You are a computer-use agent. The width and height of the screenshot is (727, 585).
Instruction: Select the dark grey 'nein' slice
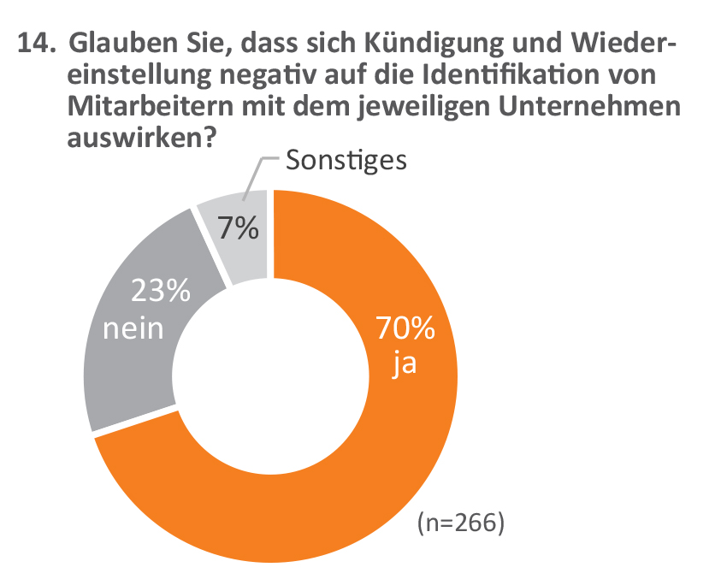pos(128,376)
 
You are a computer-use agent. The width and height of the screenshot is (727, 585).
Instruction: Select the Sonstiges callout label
pos(346,159)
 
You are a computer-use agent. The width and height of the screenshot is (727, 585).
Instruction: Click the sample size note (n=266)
pos(460,523)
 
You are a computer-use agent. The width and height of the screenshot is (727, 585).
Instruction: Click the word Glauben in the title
pos(115,42)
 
